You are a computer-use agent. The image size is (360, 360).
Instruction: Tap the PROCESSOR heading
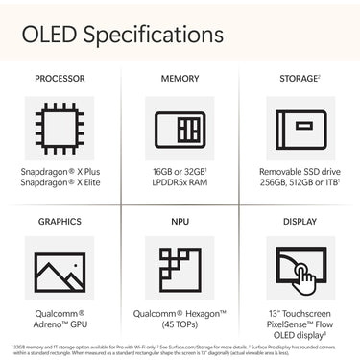[60, 78]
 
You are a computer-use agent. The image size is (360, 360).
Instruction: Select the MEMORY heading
[180, 78]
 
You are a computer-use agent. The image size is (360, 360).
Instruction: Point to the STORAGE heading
[299, 78]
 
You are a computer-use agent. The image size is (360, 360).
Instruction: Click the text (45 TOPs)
[180, 325]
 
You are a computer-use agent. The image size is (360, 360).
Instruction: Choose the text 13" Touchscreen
[300, 313]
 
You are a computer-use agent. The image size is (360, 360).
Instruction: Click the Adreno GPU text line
[60, 325]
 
